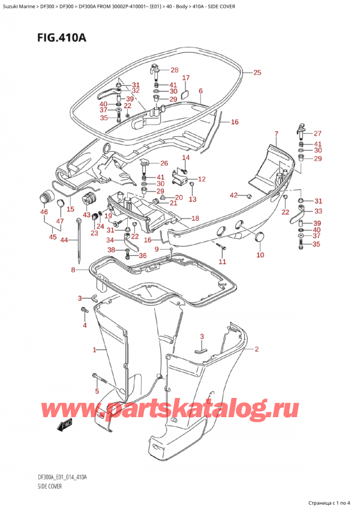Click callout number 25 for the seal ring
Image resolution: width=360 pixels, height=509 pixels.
257,73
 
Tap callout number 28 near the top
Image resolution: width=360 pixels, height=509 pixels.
174,70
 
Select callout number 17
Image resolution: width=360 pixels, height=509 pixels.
186,78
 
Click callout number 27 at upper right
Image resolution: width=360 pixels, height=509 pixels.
317,133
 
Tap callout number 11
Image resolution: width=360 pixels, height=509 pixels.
223,262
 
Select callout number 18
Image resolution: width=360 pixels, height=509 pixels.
195,218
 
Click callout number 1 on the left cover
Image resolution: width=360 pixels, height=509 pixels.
94,349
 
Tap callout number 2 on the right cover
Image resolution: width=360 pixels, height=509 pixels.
256,349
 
